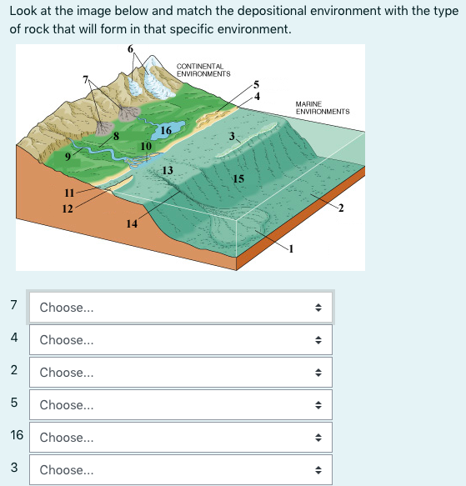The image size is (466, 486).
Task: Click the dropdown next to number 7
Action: pyautogui.click(x=180, y=308)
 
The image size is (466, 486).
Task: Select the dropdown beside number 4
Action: pyautogui.click(x=180, y=340)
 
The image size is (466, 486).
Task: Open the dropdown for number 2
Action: pyautogui.click(x=180, y=373)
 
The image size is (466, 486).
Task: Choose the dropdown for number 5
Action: pyautogui.click(x=180, y=405)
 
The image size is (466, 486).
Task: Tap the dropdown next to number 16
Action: pyautogui.click(x=180, y=438)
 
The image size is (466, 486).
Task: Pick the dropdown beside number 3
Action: pyautogui.click(x=180, y=470)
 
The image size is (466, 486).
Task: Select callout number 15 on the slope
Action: pyautogui.click(x=238, y=178)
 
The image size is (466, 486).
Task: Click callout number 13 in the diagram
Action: pyautogui.click(x=168, y=170)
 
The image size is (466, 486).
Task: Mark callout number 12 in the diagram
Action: pyautogui.click(x=67, y=208)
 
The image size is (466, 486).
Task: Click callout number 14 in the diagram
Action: pyautogui.click(x=131, y=223)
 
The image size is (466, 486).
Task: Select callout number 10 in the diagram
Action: pyautogui.click(x=146, y=146)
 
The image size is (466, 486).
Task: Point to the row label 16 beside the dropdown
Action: pyautogui.click(x=17, y=437)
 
